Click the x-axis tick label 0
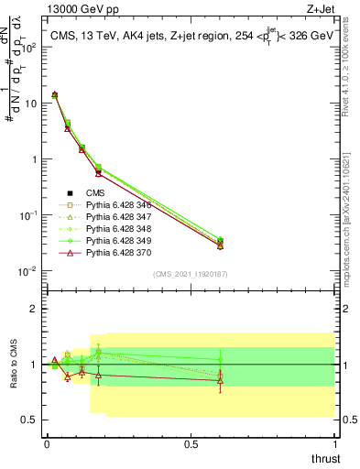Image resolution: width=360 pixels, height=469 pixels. [x=46, y=444]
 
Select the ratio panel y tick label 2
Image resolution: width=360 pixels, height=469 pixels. [x=34, y=309]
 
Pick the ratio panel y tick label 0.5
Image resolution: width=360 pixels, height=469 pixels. [x=30, y=420]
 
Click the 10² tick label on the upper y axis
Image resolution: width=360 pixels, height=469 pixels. [x=29, y=47]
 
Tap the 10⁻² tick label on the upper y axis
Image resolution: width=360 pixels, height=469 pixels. [x=28, y=271]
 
